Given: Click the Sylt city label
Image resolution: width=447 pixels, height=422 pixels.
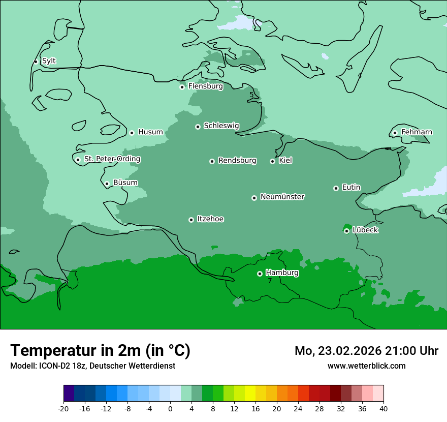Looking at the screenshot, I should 49,61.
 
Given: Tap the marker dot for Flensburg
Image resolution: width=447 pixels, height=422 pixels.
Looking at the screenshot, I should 182,87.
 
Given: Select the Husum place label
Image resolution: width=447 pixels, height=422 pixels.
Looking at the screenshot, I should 150,132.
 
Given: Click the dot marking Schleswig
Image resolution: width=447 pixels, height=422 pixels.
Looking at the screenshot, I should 198,127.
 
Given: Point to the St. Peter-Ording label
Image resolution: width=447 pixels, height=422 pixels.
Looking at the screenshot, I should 112,159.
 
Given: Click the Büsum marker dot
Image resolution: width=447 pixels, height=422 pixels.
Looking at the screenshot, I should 107,184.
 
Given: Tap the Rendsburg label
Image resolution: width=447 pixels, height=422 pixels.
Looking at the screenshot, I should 237,161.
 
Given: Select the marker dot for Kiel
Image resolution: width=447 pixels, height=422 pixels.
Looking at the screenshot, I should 272,161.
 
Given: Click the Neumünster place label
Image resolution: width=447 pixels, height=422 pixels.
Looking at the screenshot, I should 282,197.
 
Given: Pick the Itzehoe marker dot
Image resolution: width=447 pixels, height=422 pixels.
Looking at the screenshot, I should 191,220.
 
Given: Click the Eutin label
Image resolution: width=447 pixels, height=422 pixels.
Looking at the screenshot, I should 351,188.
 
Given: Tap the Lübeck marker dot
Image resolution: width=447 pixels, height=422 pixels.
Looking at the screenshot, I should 346,231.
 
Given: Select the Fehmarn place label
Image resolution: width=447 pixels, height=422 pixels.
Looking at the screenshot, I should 417,132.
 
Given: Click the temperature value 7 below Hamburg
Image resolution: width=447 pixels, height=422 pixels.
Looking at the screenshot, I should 270,281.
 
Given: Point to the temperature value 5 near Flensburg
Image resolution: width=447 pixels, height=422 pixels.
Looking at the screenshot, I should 251,95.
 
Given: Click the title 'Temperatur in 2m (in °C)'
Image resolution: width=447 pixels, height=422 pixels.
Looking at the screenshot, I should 100,350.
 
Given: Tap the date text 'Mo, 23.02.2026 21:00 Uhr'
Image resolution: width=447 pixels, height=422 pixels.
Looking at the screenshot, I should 366,351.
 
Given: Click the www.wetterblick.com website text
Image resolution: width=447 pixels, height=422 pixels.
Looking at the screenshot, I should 366,366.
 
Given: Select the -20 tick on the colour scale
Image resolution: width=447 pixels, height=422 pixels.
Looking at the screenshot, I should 63,409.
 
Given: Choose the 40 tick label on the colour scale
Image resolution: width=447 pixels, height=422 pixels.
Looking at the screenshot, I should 383,409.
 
